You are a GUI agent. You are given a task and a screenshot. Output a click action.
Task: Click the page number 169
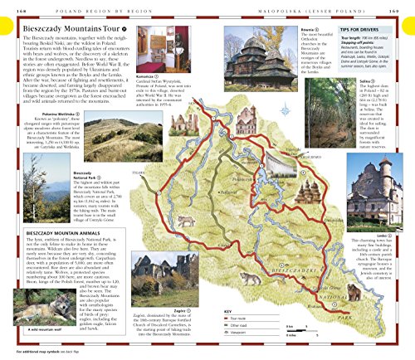pyautogui.click(x=404, y=4)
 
